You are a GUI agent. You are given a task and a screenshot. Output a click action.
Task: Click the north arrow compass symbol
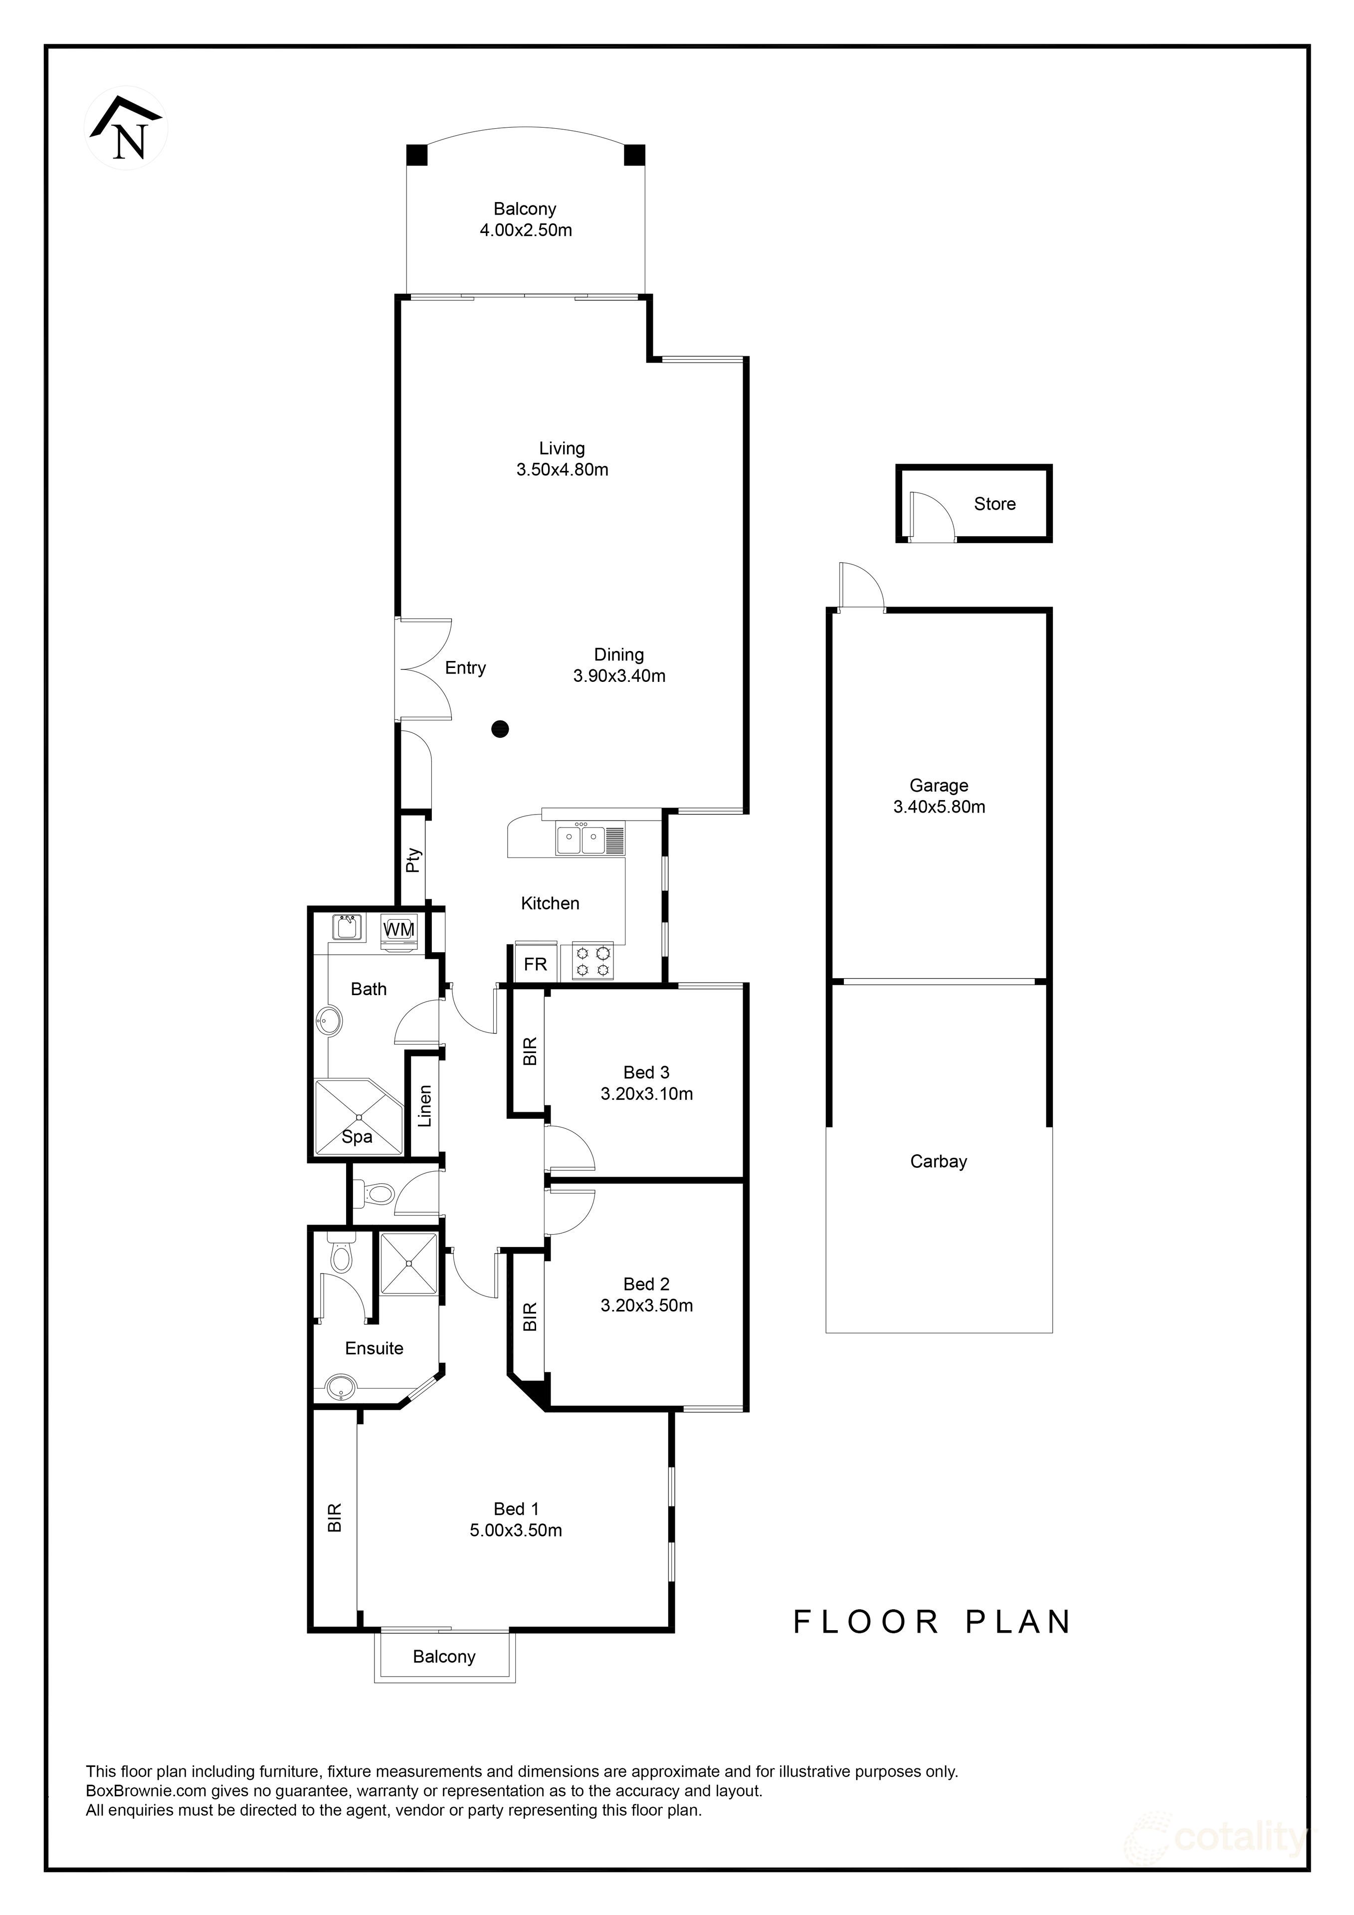pos(127,129)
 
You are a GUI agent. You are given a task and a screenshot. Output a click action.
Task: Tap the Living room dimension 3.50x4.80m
pos(562,469)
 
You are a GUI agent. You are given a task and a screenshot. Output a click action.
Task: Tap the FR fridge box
pos(535,964)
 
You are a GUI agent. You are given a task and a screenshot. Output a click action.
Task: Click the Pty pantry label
pos(413,860)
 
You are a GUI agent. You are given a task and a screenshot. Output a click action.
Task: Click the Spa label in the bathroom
pos(357,1137)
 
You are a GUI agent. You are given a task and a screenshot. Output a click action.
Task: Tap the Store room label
pos(994,504)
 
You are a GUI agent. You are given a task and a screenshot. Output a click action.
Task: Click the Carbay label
pos(938,1161)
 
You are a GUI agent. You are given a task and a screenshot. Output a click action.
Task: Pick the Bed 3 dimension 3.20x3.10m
pos(646,1093)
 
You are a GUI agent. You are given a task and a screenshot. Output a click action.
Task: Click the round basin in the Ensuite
pos(339,1389)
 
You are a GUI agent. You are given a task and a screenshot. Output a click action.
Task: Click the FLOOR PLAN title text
pos(931,1622)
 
